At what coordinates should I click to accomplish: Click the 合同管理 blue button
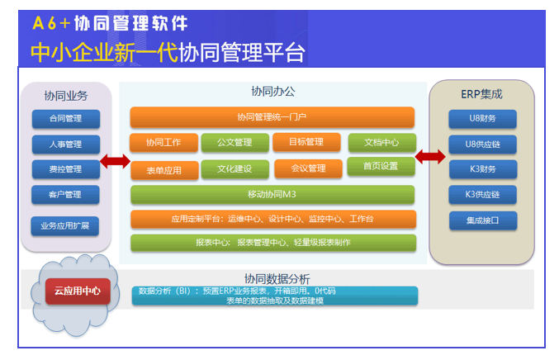pos(65,118)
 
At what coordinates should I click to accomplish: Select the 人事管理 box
pos(65,144)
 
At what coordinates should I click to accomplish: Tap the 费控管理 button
pos(65,169)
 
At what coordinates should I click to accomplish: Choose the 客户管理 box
pos(65,195)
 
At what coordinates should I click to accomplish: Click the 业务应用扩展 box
pos(65,224)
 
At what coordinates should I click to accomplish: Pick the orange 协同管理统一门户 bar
pos(272,116)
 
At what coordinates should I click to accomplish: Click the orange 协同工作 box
pos(163,142)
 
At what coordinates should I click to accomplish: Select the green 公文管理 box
pos(234,142)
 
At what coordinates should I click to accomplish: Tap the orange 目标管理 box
pos(306,141)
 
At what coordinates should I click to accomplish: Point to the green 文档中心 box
pos(381,142)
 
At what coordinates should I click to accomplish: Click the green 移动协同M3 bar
pos(272,194)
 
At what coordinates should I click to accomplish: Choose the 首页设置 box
pos(381,166)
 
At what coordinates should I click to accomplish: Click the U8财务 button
pos(482,118)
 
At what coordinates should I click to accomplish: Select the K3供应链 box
pos(482,195)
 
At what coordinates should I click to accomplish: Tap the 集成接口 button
pos(482,220)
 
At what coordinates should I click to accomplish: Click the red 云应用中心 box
pos(78,291)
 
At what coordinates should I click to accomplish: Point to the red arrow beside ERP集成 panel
pos(429,157)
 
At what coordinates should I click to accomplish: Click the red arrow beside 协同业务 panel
pos(115,161)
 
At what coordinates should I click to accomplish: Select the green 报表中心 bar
pos(272,243)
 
